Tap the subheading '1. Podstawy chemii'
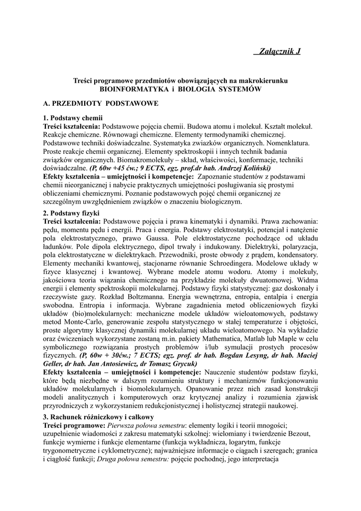(73, 118)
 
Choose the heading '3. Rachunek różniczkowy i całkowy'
(99, 417)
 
